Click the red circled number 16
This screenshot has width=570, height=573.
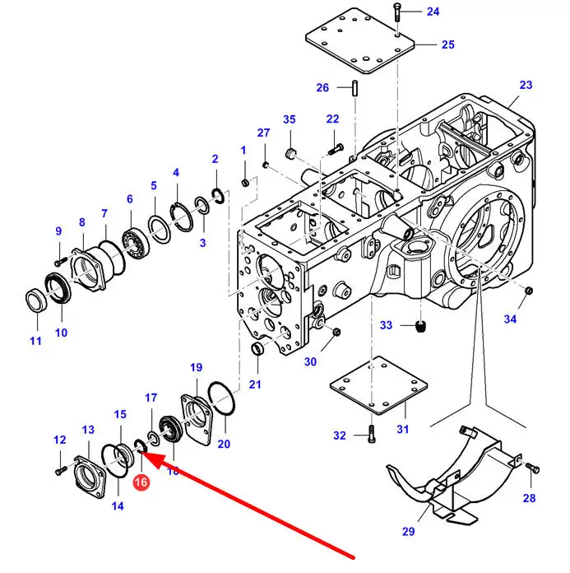[141, 482]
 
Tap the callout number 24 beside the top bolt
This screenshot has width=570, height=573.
[433, 12]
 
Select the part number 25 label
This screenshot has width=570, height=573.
[448, 44]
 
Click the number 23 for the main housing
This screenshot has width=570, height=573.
[526, 85]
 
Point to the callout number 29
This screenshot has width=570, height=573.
[408, 531]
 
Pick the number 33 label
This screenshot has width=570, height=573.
[386, 325]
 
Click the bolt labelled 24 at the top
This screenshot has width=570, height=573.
[397, 12]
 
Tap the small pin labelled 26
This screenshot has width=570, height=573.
[355, 88]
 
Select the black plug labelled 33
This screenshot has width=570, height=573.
[421, 326]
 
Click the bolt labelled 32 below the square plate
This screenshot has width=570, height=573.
[371, 435]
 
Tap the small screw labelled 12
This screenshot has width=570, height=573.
[61, 471]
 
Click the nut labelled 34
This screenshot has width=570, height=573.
[528, 291]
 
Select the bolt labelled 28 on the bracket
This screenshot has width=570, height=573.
[533, 468]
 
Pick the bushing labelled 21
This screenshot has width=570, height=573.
[257, 348]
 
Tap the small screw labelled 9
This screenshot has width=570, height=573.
[60, 262]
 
